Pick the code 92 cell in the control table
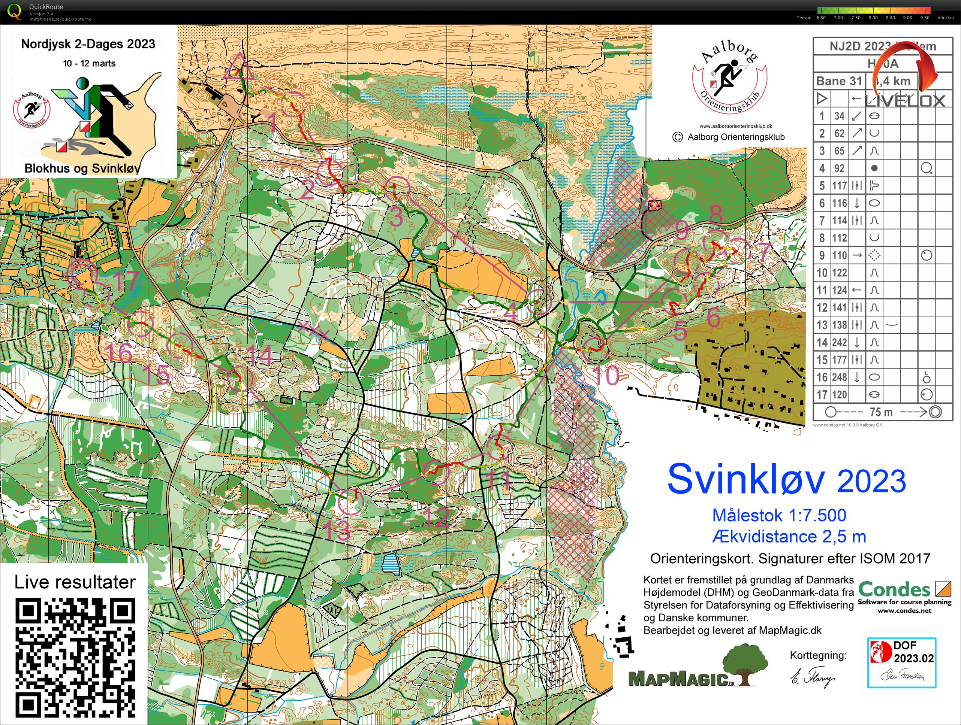pos(839,168)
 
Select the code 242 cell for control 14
pos(839,342)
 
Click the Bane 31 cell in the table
pos(839,81)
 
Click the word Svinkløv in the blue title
pos(745,479)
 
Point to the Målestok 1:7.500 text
pos(779,515)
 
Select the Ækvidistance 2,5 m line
pos(789,537)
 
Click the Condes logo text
pos(894,590)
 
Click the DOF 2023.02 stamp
pos(902,662)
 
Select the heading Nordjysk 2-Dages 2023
pos(88,44)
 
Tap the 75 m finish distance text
pos(881,412)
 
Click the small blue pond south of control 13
pos(390,564)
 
